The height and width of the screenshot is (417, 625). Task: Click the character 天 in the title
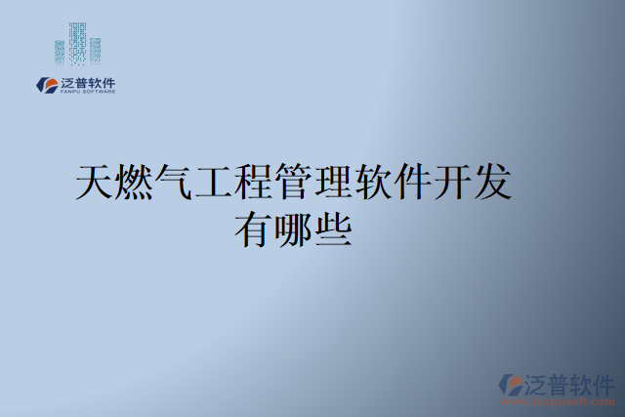pyautogui.click(x=96, y=184)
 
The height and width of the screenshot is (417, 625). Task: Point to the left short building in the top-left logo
pyautogui.click(x=60, y=52)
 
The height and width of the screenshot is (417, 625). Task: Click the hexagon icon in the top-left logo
pyautogui.click(x=46, y=85)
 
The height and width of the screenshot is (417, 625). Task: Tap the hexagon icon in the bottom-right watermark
pyautogui.click(x=511, y=384)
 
